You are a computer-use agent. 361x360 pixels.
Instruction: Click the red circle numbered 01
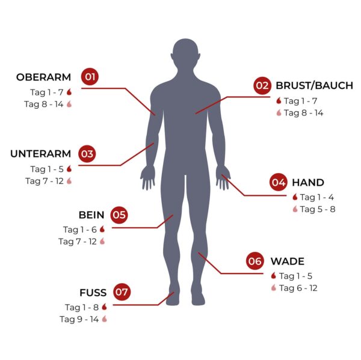(x=90, y=76)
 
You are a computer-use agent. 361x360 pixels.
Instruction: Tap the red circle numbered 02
(x=262, y=85)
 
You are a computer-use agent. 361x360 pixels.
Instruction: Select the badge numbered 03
(x=87, y=154)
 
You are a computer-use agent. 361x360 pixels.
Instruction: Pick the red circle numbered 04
(x=279, y=182)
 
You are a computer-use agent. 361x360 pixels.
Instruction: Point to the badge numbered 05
(x=119, y=215)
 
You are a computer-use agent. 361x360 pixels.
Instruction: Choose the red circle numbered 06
(x=255, y=261)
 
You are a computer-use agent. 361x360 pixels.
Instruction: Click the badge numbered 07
(x=122, y=292)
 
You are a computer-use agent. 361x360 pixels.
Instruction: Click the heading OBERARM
(x=43, y=78)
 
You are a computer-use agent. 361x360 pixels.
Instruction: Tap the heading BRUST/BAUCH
(x=314, y=85)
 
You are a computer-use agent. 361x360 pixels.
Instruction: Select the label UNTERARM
(x=40, y=154)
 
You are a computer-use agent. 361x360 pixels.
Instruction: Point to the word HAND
(x=308, y=183)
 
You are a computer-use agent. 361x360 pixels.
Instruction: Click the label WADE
(x=288, y=261)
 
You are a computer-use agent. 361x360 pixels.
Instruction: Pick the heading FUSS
(x=93, y=293)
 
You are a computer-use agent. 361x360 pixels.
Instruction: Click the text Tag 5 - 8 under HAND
(x=318, y=209)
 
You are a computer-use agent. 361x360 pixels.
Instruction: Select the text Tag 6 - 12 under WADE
(x=298, y=288)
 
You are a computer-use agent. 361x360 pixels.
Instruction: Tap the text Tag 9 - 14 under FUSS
(x=79, y=319)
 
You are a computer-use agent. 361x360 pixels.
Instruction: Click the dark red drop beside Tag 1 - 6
(x=102, y=229)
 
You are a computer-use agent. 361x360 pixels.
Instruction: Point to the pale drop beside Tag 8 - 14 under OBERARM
(x=69, y=104)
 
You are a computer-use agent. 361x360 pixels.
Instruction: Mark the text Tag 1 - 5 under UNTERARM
(x=47, y=169)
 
